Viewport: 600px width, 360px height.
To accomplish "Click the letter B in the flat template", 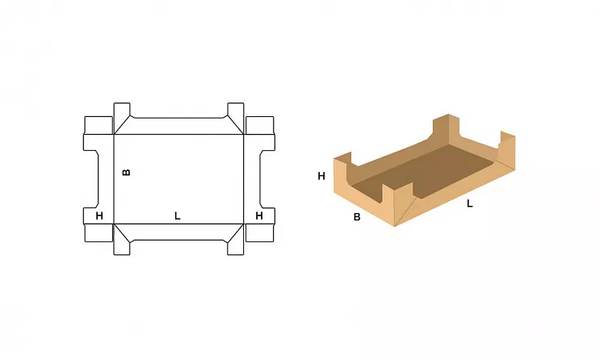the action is pos(126,172).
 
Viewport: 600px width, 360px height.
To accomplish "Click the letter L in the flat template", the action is pos(177,216).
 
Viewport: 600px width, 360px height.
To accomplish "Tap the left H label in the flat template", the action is pos(99,216).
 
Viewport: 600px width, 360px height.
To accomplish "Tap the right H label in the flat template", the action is pos(259,216).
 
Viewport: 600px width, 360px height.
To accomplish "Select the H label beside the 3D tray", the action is pos(321,176).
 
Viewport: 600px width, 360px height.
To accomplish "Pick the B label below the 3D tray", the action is pos(357,217).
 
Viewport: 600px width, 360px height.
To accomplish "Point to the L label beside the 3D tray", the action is pos(469,203).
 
